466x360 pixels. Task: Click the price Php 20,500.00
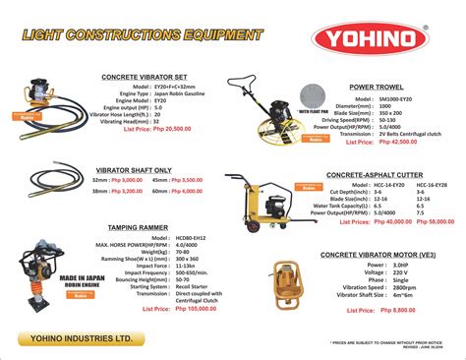coord(167,128)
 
